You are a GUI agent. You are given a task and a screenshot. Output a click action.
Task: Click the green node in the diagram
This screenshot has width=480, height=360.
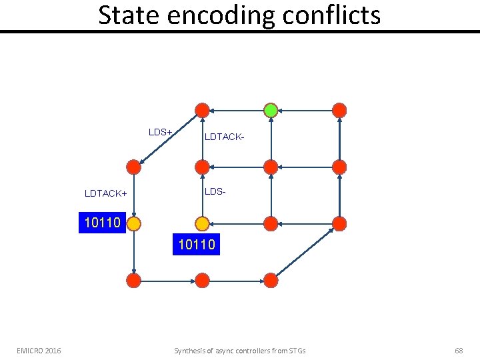pyautogui.click(x=271, y=110)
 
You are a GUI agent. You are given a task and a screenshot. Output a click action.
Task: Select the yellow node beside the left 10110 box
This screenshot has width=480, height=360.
pyautogui.click(x=133, y=223)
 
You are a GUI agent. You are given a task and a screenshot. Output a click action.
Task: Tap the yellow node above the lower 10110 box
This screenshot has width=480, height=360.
pyautogui.click(x=202, y=223)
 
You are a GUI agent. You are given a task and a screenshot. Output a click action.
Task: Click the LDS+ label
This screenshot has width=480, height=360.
pyautogui.click(x=161, y=132)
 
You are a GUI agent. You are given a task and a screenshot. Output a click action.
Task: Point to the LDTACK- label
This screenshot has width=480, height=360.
pyautogui.click(x=225, y=137)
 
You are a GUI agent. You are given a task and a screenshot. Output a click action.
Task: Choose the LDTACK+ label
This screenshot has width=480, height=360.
pyautogui.click(x=105, y=193)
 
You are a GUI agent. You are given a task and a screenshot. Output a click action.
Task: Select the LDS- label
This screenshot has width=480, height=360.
pyautogui.click(x=215, y=191)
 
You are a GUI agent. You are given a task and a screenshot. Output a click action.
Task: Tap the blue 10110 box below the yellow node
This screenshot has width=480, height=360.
pyautogui.click(x=197, y=245)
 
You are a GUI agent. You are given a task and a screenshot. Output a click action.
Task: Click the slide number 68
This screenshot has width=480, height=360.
pyautogui.click(x=459, y=351)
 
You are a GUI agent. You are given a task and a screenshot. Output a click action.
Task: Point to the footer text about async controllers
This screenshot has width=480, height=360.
pyautogui.click(x=240, y=351)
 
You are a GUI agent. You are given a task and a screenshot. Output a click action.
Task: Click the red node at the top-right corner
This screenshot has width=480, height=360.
pyautogui.click(x=339, y=110)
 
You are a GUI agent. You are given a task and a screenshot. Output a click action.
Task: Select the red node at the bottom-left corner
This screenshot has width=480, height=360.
pyautogui.click(x=133, y=280)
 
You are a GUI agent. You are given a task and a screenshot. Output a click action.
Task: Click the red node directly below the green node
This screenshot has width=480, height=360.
pyautogui.click(x=271, y=167)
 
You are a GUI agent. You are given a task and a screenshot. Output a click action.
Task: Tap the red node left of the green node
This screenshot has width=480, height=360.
pyautogui.click(x=202, y=110)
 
